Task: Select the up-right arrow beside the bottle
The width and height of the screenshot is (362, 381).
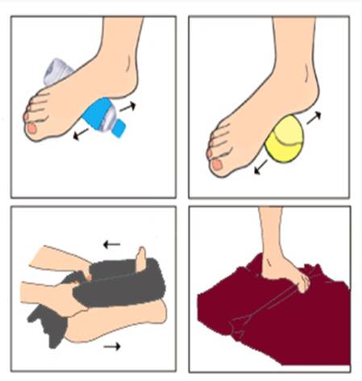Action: point(128,106)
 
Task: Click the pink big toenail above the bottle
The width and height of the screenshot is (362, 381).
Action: point(31,127)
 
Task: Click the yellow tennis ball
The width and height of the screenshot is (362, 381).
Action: point(283,141)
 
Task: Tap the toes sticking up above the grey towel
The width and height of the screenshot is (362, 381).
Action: point(142,260)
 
